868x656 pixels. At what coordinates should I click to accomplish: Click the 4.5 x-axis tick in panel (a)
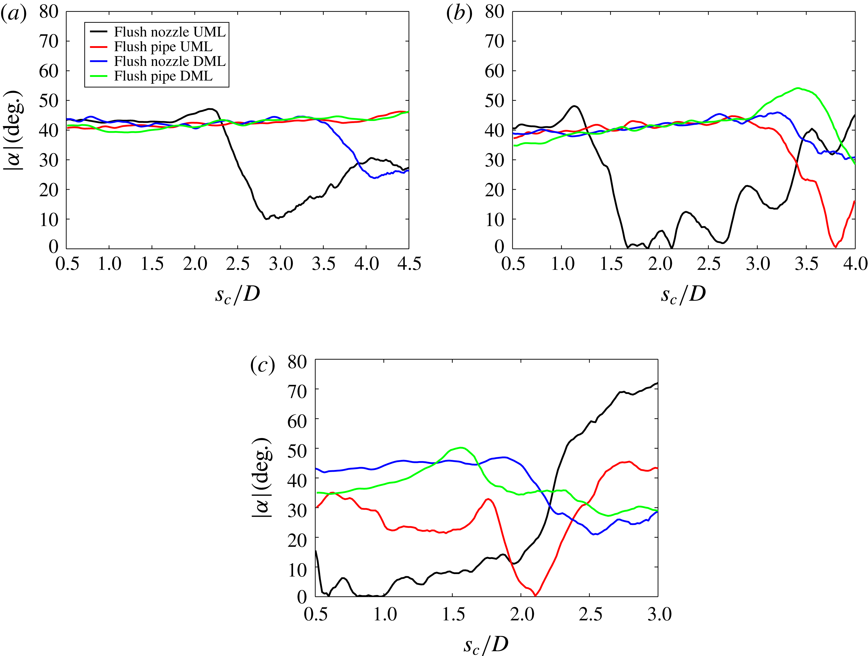(x=409, y=264)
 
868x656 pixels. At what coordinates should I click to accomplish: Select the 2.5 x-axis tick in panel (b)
(x=709, y=264)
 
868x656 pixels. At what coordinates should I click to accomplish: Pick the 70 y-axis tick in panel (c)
(x=297, y=391)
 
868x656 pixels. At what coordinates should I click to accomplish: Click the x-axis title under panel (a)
(x=238, y=294)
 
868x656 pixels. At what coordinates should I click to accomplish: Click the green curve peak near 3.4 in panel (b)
(x=798, y=88)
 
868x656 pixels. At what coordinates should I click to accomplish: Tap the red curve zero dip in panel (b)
(x=835, y=247)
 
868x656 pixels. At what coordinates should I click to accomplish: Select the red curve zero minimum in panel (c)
(x=535, y=596)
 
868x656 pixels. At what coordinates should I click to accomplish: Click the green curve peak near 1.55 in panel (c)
(x=461, y=448)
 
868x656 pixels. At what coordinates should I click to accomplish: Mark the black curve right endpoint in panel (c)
(x=657, y=383)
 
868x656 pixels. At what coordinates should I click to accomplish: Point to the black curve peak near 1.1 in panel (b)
(x=574, y=106)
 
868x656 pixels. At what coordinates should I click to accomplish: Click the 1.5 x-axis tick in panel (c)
(x=453, y=614)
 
